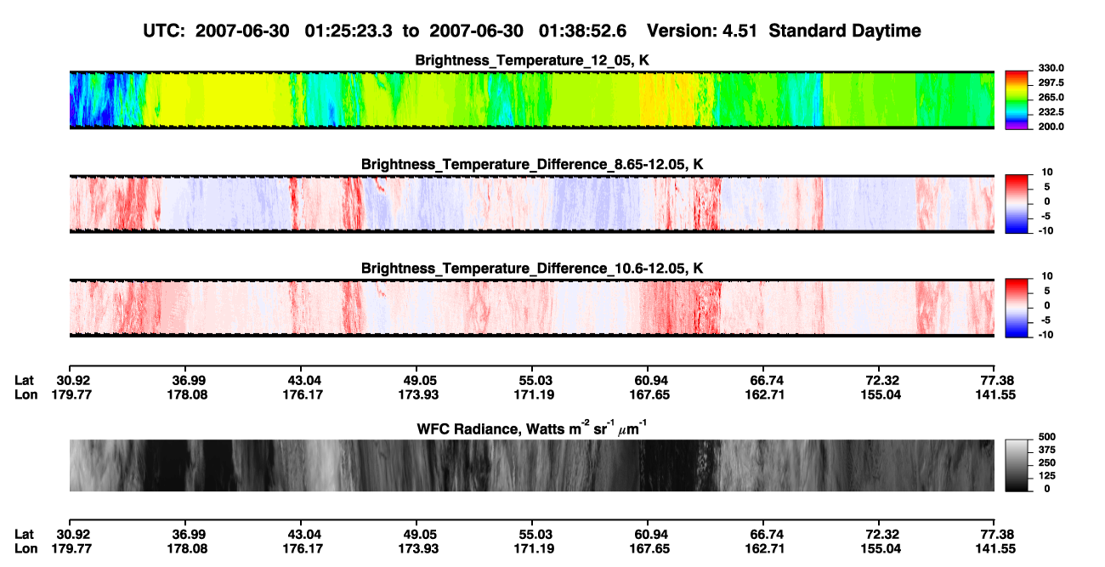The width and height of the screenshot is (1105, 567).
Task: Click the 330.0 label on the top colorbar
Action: [1051, 68]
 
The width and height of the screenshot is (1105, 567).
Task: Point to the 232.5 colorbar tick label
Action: [1051, 112]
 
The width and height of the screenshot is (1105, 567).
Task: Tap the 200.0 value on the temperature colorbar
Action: [1051, 127]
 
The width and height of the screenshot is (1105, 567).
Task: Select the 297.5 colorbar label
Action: [1051, 83]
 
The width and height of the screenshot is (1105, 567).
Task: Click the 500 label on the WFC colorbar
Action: [1047, 437]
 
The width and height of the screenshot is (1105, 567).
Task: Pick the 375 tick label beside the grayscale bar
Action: [1047, 450]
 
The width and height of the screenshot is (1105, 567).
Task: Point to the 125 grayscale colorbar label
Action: [1047, 476]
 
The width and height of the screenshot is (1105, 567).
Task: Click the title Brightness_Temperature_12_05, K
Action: [532, 60]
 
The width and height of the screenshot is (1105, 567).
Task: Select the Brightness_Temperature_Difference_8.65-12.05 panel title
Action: [532, 164]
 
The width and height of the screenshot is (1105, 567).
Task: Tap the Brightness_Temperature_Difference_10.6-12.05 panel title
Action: [532, 269]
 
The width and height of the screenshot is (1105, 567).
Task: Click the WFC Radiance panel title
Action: [532, 428]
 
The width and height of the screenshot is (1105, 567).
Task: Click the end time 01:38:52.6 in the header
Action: [582, 31]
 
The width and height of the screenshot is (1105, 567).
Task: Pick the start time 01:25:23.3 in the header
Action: [348, 31]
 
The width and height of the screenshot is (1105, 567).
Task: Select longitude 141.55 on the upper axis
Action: [995, 394]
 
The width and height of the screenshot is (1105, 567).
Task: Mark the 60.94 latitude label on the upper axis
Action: [649, 381]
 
